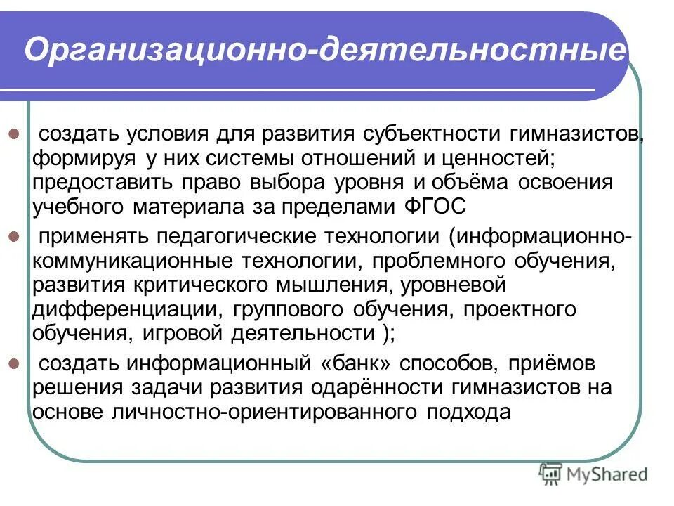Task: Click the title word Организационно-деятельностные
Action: pos(324,51)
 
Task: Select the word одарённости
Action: pos(364,388)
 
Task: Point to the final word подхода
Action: pos(467,413)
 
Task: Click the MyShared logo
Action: pos(593,475)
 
